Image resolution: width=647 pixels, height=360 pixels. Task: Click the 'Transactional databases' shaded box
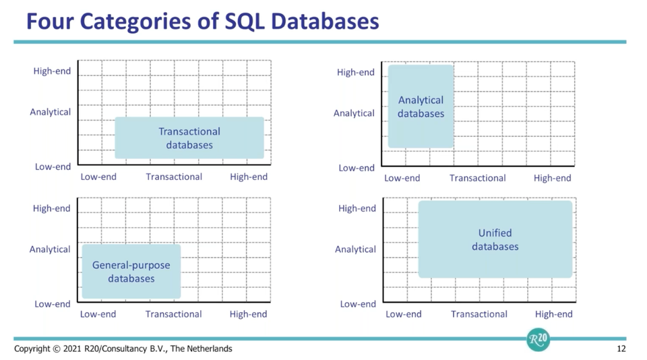coord(189,138)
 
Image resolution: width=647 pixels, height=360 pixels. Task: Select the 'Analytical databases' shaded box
coord(421,107)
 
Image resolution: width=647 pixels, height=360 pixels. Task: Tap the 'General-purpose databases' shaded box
coord(131,272)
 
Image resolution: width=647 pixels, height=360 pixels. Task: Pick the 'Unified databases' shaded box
coord(495,239)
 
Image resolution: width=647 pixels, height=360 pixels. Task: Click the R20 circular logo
coord(538,340)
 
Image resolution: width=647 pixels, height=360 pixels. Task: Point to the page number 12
coord(621,349)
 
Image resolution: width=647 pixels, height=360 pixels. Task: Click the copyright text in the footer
coord(123,349)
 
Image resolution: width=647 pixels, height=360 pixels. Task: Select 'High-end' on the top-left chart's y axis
coord(52,71)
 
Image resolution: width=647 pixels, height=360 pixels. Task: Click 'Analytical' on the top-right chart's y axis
coord(354,113)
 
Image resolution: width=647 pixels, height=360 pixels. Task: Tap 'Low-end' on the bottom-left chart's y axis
coord(52,304)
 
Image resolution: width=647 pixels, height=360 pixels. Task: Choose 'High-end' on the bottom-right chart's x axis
coord(553,314)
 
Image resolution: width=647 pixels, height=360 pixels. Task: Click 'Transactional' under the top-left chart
coord(174,177)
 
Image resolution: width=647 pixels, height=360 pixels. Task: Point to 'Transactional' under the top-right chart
coord(477,178)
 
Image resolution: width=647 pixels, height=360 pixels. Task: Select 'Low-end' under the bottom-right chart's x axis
coord(403,314)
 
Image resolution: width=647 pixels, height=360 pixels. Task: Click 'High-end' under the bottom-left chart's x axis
coord(248,314)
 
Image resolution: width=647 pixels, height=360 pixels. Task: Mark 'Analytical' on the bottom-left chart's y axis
coord(50,249)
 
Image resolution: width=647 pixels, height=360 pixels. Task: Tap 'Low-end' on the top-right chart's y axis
coord(357,168)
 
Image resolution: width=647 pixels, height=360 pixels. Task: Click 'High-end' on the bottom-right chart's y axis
coord(357,208)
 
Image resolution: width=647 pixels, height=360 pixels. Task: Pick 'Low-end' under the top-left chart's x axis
coord(98,177)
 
